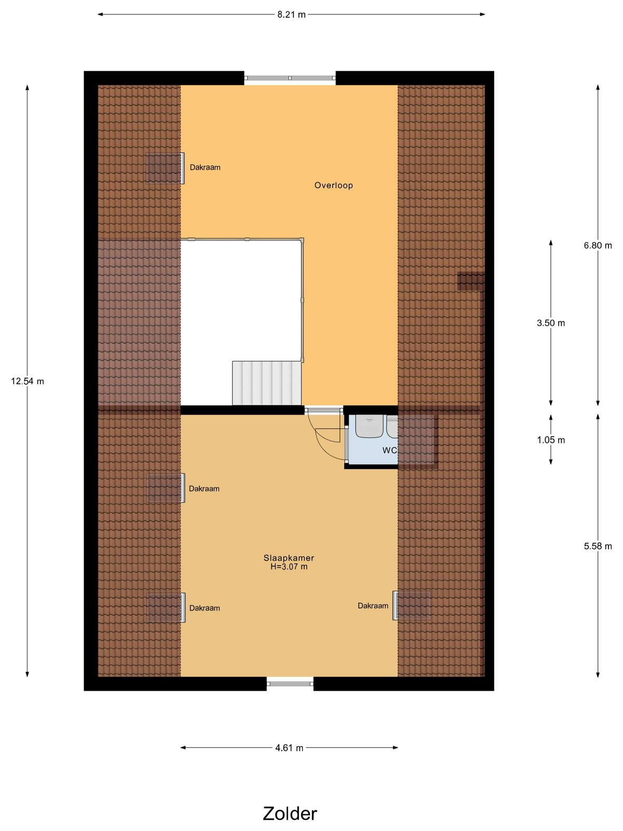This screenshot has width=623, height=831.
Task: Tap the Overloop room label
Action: point(334,185)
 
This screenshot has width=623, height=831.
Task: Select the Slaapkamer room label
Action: point(289,558)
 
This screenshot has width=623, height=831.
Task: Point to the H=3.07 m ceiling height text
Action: point(289,567)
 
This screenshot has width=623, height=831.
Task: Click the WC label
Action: point(389,450)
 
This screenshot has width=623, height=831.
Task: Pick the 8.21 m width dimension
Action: point(291,15)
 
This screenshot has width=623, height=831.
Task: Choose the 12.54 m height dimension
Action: point(27,381)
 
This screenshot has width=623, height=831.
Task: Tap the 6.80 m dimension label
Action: point(598,245)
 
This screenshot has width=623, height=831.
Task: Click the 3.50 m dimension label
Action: point(551,323)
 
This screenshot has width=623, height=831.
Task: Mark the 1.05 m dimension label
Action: point(551,440)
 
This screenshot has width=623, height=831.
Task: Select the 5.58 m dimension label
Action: point(598,546)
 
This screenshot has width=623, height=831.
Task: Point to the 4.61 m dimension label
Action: point(289,748)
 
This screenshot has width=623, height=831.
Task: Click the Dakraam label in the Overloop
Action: point(205,167)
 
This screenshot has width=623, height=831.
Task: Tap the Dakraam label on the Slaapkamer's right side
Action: point(373,606)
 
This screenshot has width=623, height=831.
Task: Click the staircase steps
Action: point(267,383)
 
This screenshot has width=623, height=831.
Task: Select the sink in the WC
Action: point(369,427)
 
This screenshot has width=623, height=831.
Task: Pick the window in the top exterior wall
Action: point(290,78)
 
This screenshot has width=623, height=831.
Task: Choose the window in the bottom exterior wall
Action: point(290,683)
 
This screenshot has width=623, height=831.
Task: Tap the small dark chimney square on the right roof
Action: point(470,281)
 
